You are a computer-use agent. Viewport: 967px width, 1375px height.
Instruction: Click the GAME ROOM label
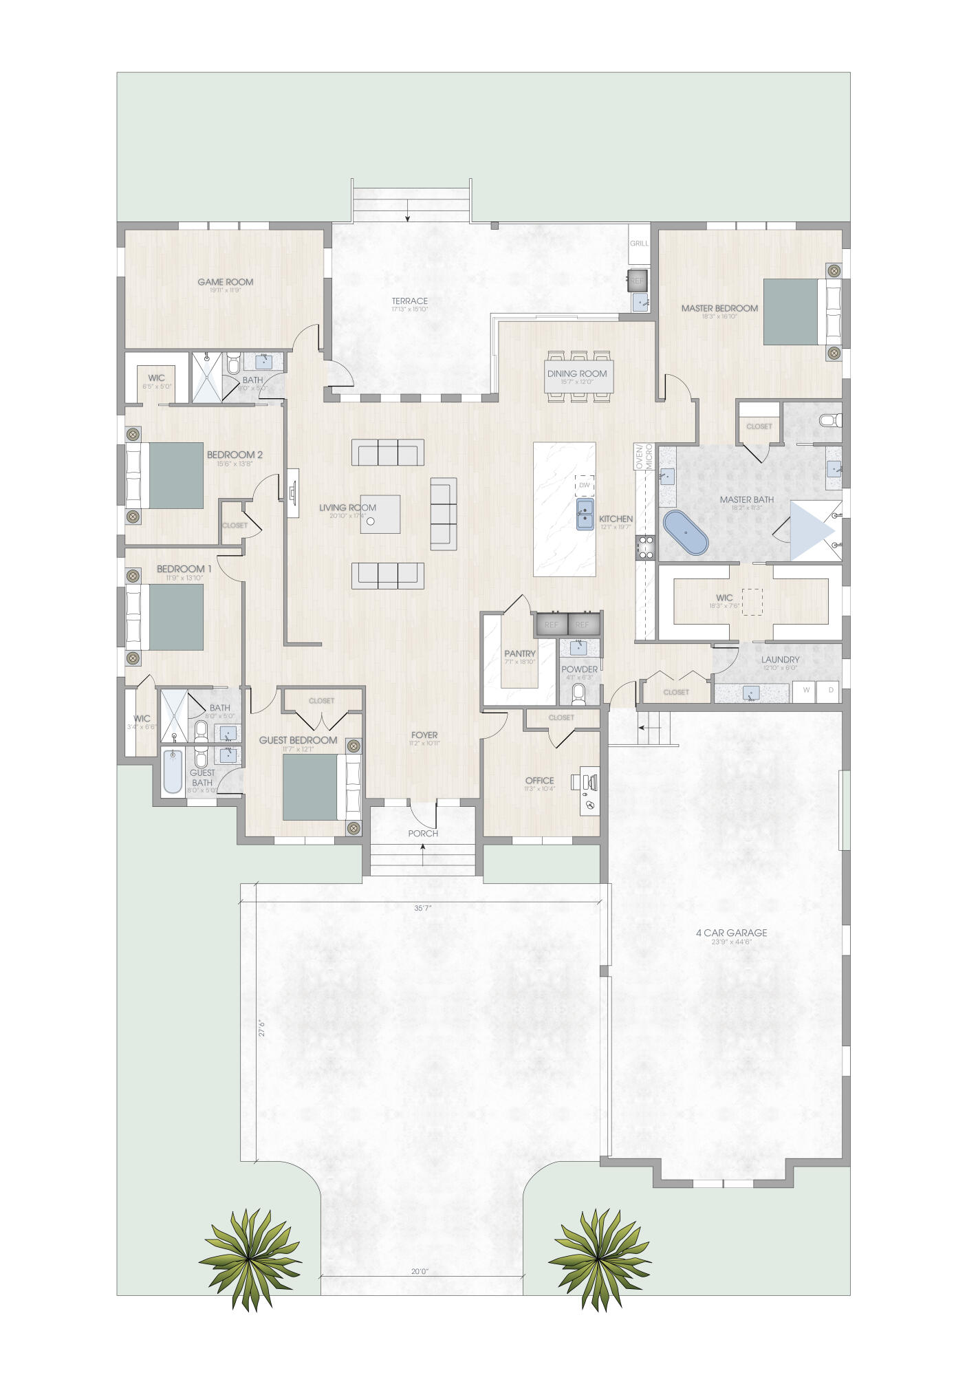tap(225, 281)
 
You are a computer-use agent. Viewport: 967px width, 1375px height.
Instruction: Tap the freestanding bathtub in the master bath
tap(685, 532)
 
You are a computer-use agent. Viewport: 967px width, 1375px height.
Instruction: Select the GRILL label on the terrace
tap(639, 243)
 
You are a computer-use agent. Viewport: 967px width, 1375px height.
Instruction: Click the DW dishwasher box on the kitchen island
tap(584, 485)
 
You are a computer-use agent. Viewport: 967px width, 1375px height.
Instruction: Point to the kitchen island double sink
tap(585, 515)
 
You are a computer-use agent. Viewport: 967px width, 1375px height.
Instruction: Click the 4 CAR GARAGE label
tap(730, 933)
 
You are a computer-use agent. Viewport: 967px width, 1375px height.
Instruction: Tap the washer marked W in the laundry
tap(803, 690)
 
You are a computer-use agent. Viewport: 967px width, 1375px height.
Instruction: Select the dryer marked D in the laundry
tap(829, 690)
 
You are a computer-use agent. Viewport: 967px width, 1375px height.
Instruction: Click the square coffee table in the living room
tap(380, 514)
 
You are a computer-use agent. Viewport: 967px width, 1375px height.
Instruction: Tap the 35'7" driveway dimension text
tap(423, 907)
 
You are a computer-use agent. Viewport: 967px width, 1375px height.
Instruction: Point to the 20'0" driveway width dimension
tap(420, 1272)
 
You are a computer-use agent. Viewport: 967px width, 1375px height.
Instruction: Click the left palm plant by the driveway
tap(249, 1258)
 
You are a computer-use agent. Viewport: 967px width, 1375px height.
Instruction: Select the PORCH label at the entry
tap(423, 833)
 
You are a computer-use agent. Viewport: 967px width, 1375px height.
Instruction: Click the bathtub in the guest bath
tap(173, 771)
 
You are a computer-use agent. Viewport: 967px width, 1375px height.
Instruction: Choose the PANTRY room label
tap(519, 653)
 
